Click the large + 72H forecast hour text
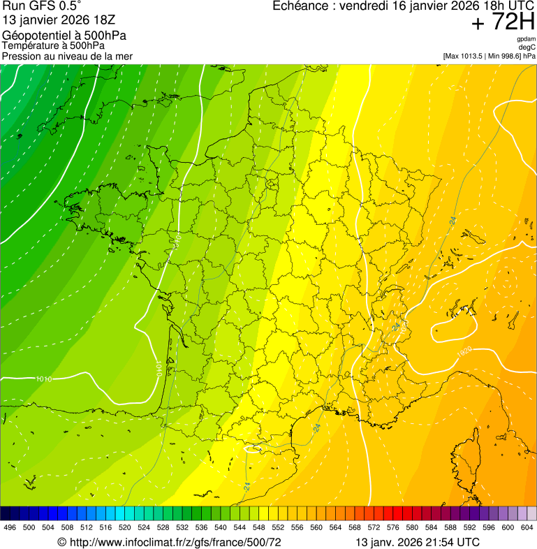click(503, 23)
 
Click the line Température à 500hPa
click(58, 45)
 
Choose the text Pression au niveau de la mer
click(67, 56)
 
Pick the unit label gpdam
click(526, 39)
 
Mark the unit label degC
click(527, 47)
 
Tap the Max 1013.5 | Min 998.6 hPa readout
click(489, 56)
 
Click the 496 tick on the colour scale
click(10, 527)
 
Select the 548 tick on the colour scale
click(259, 527)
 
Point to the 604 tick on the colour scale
click(527, 527)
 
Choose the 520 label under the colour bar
click(125, 527)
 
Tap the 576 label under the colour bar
click(393, 527)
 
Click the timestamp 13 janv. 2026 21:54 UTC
click(418, 542)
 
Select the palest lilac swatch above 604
click(531, 513)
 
